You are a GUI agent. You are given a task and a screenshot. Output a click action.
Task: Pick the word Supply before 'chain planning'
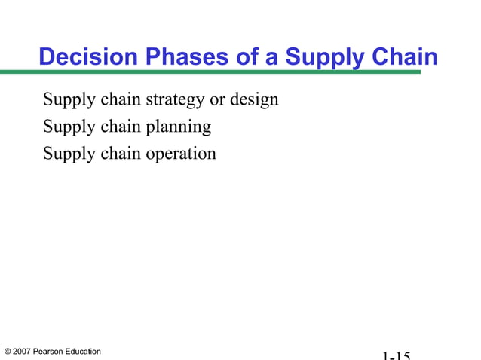click(69, 127)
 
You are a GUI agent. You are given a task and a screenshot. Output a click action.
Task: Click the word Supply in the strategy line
click(69, 100)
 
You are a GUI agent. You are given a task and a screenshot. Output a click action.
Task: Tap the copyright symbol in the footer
click(8, 352)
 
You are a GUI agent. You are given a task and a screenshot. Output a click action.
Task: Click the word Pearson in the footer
click(50, 352)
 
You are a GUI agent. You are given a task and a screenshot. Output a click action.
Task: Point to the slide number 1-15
click(396, 355)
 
